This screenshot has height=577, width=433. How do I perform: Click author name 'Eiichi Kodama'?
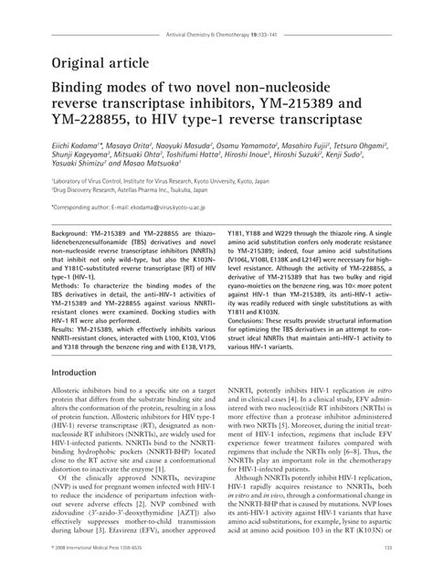click(x=71, y=144)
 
